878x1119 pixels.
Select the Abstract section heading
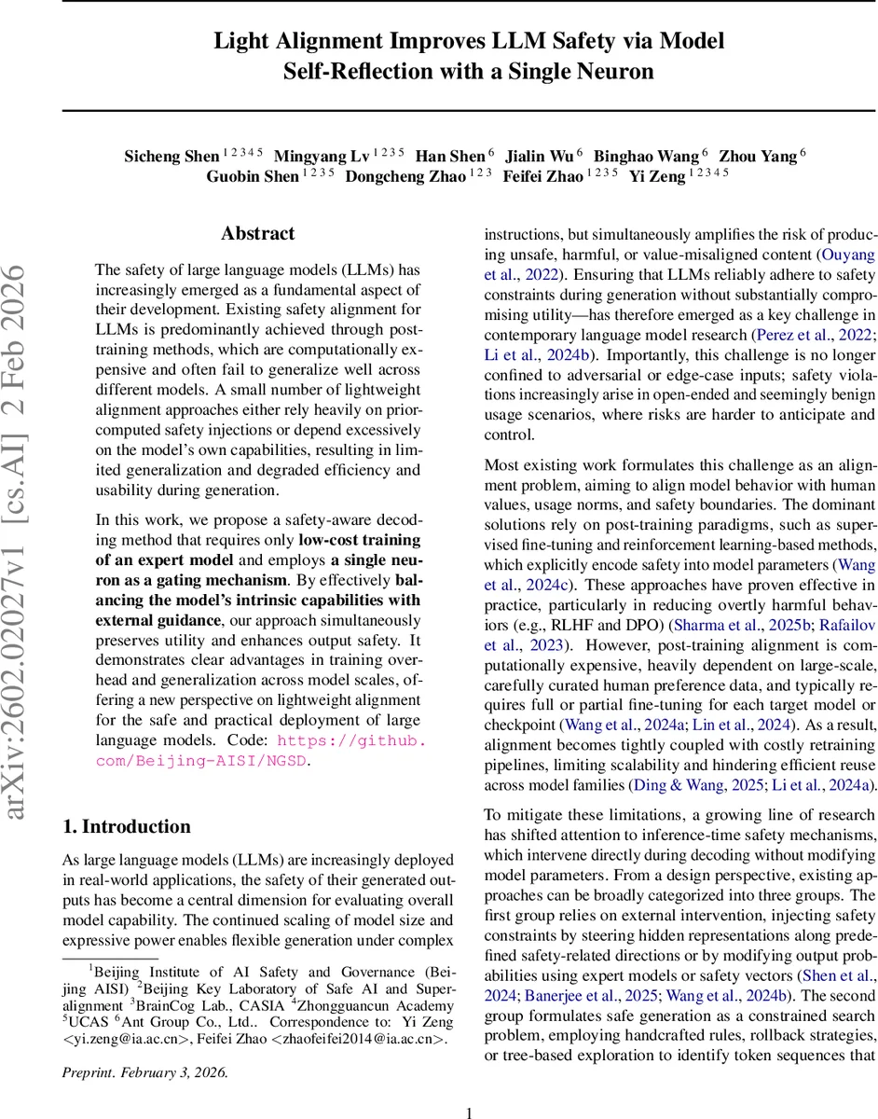[257, 234]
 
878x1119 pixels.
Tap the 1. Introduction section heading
[126, 826]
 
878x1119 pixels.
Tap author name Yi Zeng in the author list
[657, 176]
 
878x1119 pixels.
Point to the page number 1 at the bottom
[470, 1086]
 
